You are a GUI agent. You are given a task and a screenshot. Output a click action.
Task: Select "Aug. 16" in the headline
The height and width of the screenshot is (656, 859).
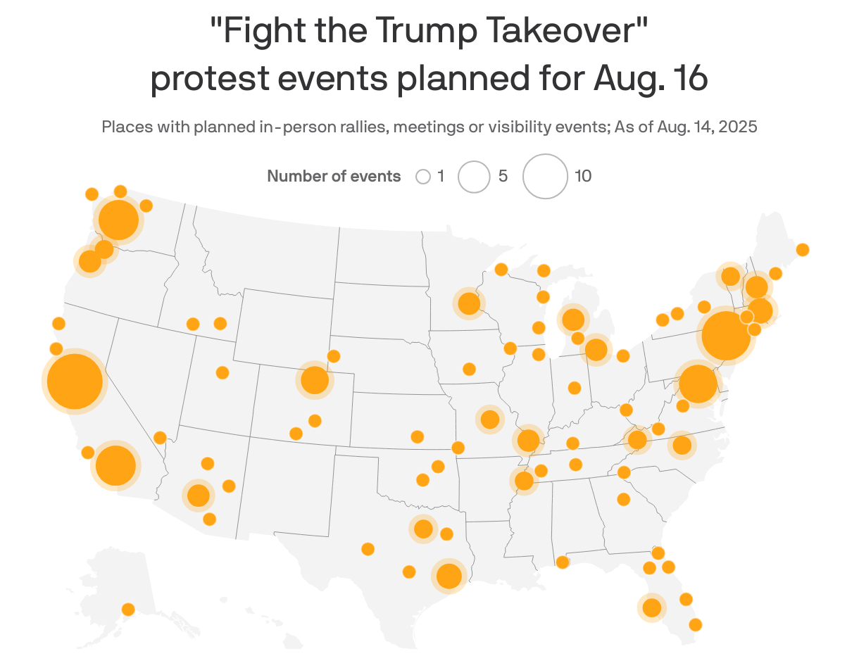coord(651,79)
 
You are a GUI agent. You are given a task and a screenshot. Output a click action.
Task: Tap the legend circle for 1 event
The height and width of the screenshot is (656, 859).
coord(423,177)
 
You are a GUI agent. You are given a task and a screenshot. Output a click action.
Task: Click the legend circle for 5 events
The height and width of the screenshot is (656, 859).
coord(474,177)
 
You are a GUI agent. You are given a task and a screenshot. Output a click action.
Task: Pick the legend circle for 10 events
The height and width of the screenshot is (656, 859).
coord(545,177)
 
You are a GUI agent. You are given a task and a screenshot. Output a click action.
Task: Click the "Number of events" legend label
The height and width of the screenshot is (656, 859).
coord(334,177)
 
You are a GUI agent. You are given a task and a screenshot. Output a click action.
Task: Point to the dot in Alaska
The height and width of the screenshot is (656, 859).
coord(128,609)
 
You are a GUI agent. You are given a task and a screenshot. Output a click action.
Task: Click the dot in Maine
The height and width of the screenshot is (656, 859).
coord(802,249)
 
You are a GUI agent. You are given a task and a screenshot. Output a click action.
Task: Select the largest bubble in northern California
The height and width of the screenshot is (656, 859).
coord(75,381)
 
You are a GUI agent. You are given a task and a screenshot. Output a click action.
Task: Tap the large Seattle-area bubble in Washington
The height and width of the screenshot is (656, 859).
coord(118,220)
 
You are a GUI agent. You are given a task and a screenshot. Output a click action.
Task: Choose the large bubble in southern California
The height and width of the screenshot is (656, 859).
coord(115,465)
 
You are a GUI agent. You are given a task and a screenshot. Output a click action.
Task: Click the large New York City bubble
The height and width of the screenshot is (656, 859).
coord(726,336)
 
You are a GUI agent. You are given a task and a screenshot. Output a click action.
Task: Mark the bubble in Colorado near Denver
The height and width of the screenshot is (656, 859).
coord(315,380)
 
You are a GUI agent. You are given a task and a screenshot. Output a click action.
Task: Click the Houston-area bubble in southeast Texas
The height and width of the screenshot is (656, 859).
coord(449,576)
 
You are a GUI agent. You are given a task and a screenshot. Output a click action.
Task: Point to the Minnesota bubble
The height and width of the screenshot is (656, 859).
coord(469,303)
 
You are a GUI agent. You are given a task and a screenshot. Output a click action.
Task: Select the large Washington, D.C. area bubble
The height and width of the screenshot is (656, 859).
coord(697,384)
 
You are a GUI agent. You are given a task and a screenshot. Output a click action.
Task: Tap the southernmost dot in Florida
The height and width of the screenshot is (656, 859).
coord(696,624)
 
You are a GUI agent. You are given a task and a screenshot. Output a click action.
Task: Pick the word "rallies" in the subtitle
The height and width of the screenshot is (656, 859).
coord(360,127)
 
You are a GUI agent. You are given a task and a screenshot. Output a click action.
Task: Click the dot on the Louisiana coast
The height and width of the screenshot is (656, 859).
coord(562,562)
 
